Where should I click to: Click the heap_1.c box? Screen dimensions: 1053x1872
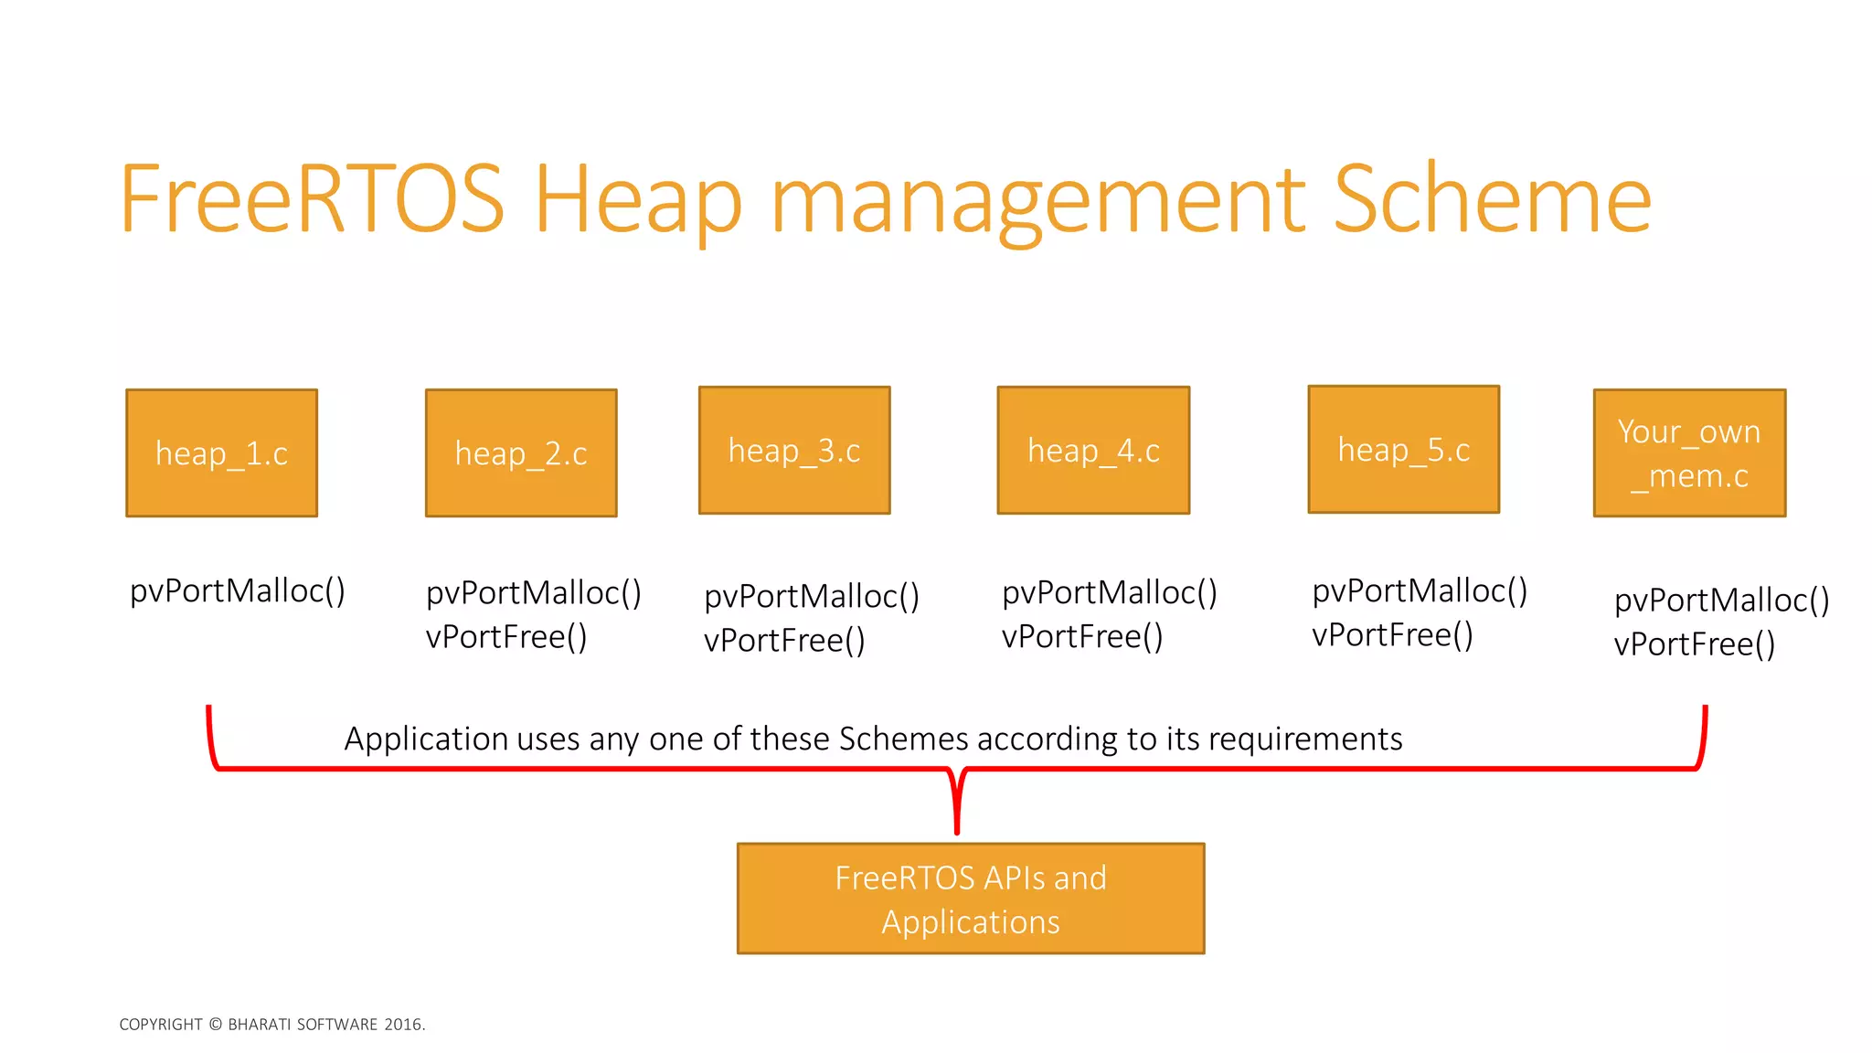(221, 453)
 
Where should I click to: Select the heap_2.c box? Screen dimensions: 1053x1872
(521, 453)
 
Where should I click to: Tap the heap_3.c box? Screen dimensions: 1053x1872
(794, 451)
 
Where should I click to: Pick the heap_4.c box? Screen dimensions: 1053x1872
(1093, 451)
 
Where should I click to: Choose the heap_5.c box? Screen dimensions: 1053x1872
(1404, 450)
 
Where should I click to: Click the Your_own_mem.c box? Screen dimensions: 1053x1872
(1689, 453)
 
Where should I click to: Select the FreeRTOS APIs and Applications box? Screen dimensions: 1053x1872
(971, 899)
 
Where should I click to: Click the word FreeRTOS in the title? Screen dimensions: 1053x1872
(312, 199)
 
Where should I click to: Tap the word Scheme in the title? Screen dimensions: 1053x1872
(1492, 199)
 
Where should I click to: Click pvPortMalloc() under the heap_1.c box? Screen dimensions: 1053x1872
(238, 591)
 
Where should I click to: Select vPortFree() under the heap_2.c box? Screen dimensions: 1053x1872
(506, 637)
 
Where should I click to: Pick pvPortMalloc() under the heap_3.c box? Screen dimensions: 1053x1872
(812, 597)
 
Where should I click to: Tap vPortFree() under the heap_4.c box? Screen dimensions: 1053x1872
(1082, 637)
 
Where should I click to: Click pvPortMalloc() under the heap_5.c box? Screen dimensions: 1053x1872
(1420, 591)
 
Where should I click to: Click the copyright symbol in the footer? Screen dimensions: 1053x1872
(216, 1025)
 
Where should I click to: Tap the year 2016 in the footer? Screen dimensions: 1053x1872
(402, 1025)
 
